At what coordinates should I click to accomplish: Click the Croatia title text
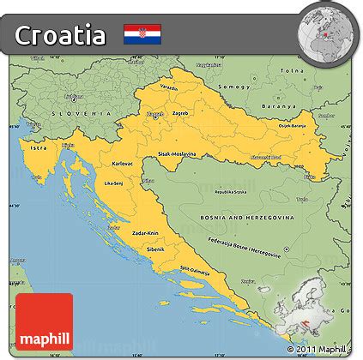(x=61, y=35)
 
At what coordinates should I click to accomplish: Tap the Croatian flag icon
(x=137, y=34)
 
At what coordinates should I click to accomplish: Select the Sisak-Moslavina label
(x=177, y=154)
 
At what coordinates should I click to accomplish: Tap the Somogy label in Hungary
(x=237, y=87)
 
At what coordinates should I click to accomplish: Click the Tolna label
(x=293, y=70)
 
